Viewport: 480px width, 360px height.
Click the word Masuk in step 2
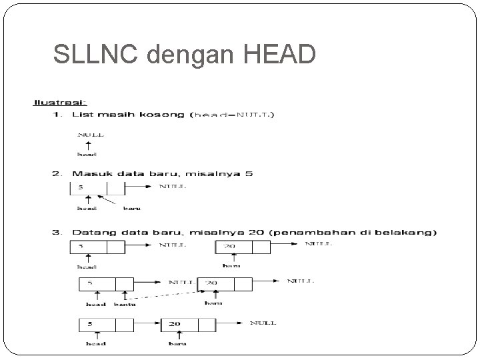(88, 174)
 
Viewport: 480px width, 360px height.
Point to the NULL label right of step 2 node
(172, 187)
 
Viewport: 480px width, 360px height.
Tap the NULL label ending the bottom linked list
(263, 323)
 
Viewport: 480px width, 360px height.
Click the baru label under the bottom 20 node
(177, 345)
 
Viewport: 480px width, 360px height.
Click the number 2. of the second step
(57, 174)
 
